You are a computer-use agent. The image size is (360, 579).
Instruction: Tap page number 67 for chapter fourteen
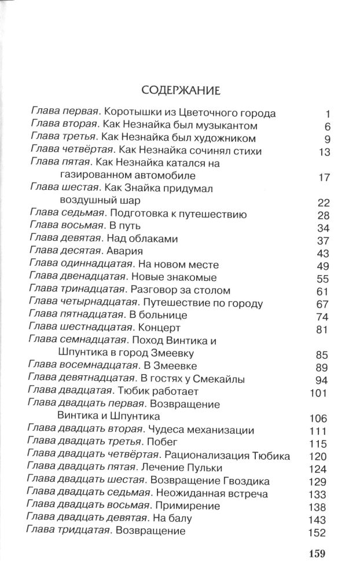323,303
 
